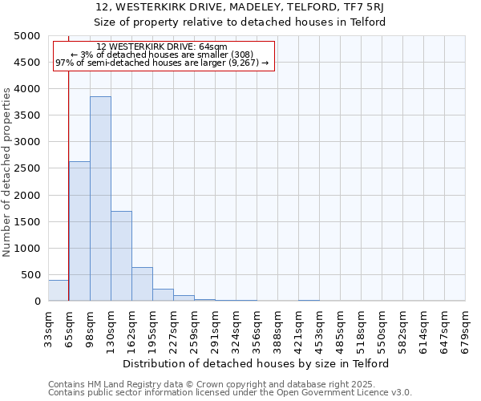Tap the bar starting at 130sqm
(x=121, y=256)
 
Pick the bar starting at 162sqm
(x=142, y=284)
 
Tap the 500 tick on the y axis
(x=30, y=275)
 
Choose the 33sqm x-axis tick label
(x=48, y=329)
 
